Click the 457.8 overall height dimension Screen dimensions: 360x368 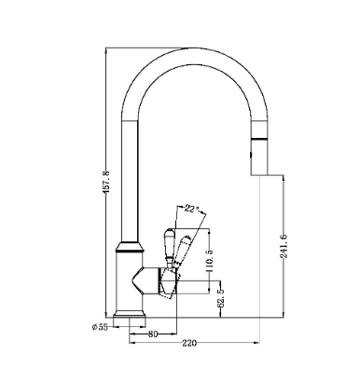106,182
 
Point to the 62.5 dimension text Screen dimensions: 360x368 220,298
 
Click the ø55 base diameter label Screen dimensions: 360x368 100,327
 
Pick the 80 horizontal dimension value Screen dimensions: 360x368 153,334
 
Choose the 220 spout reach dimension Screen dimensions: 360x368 189,343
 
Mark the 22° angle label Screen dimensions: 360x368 192,209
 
